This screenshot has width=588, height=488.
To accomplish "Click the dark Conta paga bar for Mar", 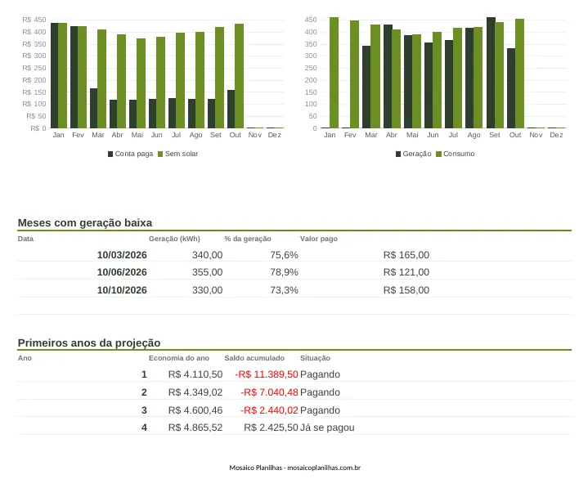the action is coord(94,109).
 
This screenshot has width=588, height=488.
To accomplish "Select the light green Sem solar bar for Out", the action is coord(240,76).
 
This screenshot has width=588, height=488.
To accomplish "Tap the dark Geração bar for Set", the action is coord(491,73).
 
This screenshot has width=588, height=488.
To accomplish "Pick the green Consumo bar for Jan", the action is coord(334,73).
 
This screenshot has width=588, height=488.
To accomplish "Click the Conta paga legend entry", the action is coord(131,154).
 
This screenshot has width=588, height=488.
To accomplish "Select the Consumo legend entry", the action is coord(456,154).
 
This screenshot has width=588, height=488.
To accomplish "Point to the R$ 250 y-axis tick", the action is coord(34,68).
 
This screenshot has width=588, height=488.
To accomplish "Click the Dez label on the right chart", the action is coord(556,135).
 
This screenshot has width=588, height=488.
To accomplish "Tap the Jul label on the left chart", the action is coord(177,135).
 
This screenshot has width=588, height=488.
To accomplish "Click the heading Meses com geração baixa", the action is coord(85,222).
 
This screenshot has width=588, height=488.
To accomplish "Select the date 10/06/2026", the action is coord(122,272).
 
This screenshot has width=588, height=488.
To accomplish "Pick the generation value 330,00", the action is coord(208,290).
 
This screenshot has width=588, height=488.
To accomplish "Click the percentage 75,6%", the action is coord(285,255).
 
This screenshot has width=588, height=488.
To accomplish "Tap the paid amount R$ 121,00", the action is coord(406,272).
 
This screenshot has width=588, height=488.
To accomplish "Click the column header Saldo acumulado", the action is coord(254,358).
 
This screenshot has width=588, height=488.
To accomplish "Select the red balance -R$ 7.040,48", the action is coord(269,392).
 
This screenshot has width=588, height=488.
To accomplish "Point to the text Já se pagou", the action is coord(327,428).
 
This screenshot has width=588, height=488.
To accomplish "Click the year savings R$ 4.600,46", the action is coord(195,410).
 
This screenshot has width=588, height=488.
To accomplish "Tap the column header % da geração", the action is coord(248,239).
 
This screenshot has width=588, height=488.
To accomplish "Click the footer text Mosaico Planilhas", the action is coord(255,468).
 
